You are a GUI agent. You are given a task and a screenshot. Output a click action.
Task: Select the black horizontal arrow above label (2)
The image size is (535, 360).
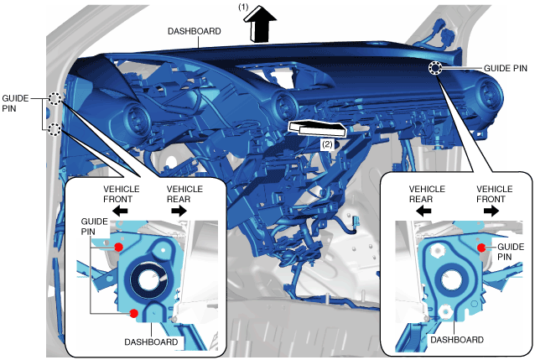click(x=319, y=128)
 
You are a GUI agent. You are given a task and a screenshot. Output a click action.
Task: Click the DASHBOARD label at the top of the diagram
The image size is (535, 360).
click(x=195, y=31)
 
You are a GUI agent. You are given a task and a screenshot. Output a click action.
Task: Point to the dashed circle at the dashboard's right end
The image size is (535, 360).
click(x=436, y=69)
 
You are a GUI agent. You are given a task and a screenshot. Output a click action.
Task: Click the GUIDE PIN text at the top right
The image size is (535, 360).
click(x=506, y=67)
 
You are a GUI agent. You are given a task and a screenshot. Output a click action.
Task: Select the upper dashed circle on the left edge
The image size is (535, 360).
click(x=55, y=99)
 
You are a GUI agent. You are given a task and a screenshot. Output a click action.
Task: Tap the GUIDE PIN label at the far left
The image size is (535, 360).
click(x=16, y=102)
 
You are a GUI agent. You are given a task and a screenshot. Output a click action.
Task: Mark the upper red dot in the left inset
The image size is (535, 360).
click(x=119, y=247)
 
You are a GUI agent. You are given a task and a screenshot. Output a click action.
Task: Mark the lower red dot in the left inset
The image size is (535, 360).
click(x=134, y=313)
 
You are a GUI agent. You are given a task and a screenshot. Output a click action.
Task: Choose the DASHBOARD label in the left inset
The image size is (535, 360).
click(x=152, y=342)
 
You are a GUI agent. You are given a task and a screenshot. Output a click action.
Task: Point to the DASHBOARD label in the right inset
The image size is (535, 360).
click(x=457, y=340)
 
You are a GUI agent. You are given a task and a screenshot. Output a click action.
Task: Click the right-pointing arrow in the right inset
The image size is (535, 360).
click(x=489, y=212)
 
